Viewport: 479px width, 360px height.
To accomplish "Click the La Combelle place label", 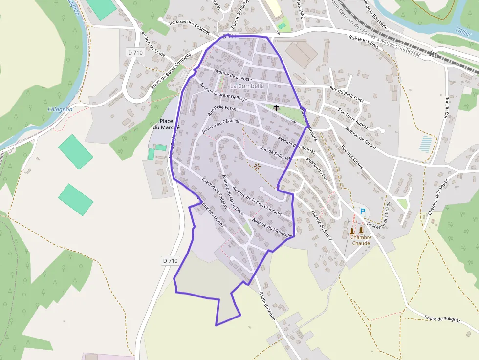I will coord(247,86).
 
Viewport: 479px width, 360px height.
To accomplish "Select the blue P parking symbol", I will coord(362,212).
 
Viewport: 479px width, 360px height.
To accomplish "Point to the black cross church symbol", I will coord(276,107).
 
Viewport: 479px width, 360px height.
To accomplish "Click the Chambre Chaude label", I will coord(361,240).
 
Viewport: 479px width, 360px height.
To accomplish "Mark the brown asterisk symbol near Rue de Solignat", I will coord(257,167).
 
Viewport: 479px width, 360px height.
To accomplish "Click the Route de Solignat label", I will coord(442,318).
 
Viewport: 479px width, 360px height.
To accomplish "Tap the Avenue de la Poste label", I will coord(233,75).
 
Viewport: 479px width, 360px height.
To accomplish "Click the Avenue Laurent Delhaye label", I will coord(223,92).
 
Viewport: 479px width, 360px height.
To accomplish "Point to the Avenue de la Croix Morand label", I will coord(257,201).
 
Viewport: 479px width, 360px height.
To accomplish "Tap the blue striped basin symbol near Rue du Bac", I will coord(426,144).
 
